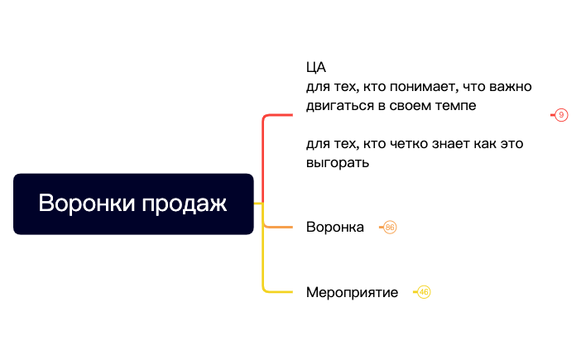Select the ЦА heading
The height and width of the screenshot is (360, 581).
[x=316, y=68]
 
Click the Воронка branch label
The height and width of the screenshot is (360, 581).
[x=334, y=227]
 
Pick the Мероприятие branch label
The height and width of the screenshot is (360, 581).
[x=352, y=292]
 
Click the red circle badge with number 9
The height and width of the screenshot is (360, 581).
[x=561, y=115]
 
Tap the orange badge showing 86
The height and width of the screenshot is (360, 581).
[x=391, y=227]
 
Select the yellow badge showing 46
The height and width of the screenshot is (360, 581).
[x=424, y=292]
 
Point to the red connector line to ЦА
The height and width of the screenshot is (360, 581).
[x=263, y=149]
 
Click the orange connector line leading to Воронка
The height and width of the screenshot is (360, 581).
[x=278, y=226]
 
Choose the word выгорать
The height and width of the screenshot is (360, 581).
[x=337, y=163]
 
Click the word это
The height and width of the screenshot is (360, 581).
[x=510, y=144]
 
